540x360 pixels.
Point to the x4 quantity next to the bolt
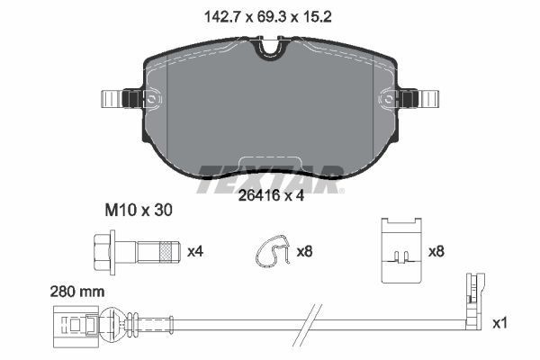193,251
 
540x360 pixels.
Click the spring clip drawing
272,252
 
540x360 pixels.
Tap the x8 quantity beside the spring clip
304,251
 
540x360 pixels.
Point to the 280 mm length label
78,292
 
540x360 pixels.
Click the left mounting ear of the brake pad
118,98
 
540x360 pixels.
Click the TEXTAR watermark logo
270,171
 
